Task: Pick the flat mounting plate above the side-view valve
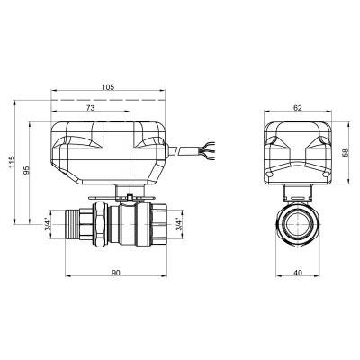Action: pos(126,198)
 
